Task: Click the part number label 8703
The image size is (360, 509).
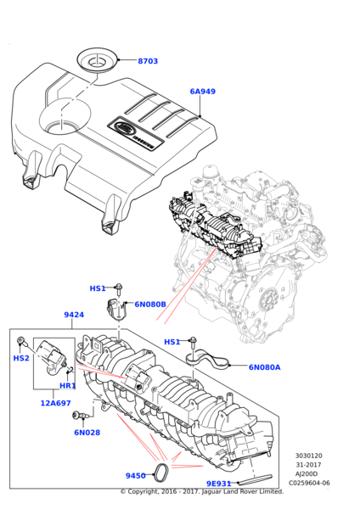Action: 148,61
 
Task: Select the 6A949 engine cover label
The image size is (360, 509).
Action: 202,91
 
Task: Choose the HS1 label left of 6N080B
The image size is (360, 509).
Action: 98,288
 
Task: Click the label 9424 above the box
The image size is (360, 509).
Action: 74,315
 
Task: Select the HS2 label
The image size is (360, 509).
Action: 21,358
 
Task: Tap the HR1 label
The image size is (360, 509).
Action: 68,386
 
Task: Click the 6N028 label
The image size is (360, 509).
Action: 87,433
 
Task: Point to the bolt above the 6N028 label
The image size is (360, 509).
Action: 82,415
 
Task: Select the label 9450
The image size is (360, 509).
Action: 136,476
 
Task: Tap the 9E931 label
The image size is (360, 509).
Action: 218,484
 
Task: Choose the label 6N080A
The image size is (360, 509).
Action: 264,367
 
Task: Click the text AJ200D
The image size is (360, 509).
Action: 307,474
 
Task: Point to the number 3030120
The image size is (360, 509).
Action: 309,456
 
